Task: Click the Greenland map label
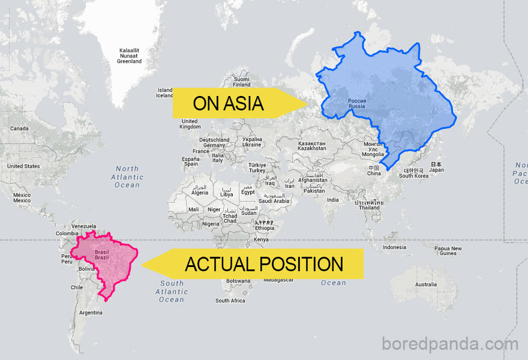click(130, 56)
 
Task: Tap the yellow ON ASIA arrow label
click(229, 103)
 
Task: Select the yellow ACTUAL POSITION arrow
click(264, 264)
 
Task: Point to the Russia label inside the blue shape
click(356, 103)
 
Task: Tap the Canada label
click(19, 128)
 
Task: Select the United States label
click(23, 166)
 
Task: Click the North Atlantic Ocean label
click(127, 177)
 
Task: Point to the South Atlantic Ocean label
click(172, 291)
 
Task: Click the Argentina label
click(91, 313)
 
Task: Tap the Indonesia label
click(394, 247)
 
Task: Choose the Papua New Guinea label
click(448, 251)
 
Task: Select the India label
click(332, 200)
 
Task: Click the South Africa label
click(230, 301)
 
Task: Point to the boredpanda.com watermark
click(449, 345)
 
